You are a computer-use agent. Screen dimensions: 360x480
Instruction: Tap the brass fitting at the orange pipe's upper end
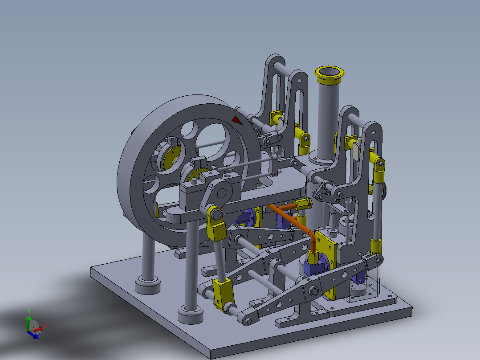coord(303,205)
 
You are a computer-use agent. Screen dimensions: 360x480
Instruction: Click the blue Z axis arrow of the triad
coord(35,335)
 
